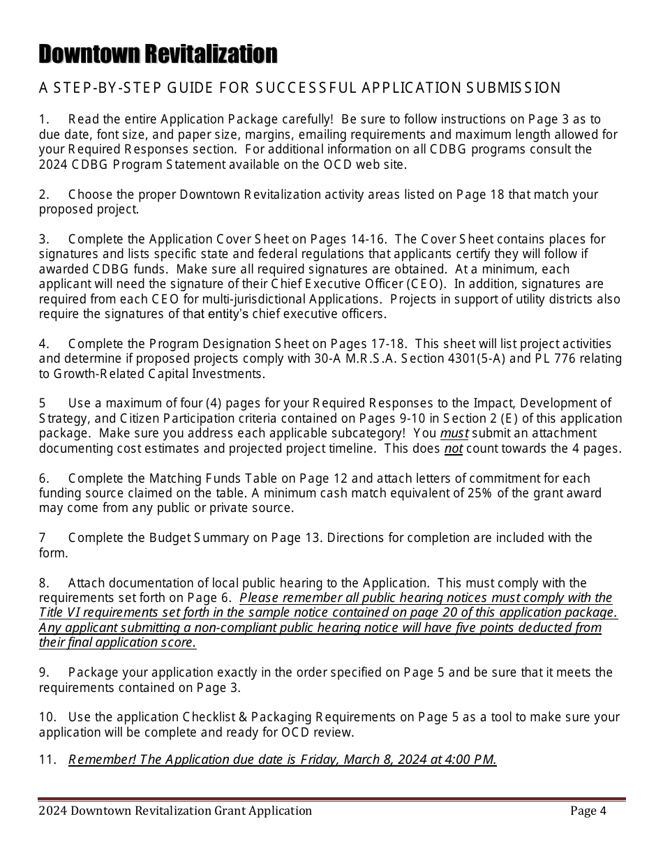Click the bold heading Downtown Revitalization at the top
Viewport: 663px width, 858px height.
(158, 54)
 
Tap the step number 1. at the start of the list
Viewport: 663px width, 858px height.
(45, 119)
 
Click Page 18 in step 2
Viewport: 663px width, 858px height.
(480, 195)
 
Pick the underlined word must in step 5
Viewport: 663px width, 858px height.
(455, 433)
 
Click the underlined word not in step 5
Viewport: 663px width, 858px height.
(454, 449)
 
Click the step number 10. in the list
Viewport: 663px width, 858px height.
(47, 717)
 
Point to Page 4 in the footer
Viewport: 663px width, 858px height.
(588, 811)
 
